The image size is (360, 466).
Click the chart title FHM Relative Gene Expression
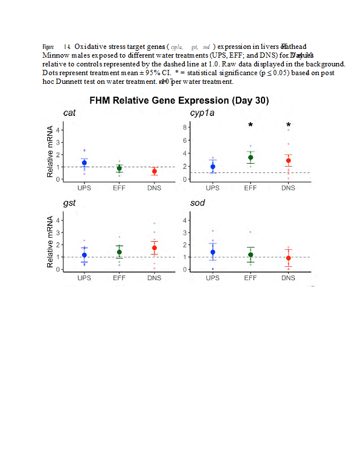[179, 101]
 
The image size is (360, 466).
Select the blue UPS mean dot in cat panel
[84, 163]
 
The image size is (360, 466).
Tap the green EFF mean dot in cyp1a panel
[250, 157]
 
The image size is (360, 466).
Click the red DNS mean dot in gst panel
[154, 248]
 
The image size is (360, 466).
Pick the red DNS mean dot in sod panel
[288, 257]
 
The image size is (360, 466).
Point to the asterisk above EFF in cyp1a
[250, 125]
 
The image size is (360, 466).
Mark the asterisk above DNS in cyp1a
[288, 125]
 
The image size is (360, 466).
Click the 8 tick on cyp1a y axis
[184, 127]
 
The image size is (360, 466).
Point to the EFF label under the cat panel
[119, 188]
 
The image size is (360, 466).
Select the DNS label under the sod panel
[288, 278]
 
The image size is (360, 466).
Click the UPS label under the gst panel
[84, 278]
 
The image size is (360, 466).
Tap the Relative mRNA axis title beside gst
[51, 242]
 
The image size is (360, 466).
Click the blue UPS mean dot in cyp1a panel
[213, 167]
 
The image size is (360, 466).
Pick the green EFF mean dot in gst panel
[119, 252]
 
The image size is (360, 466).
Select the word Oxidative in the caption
[96, 47]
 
